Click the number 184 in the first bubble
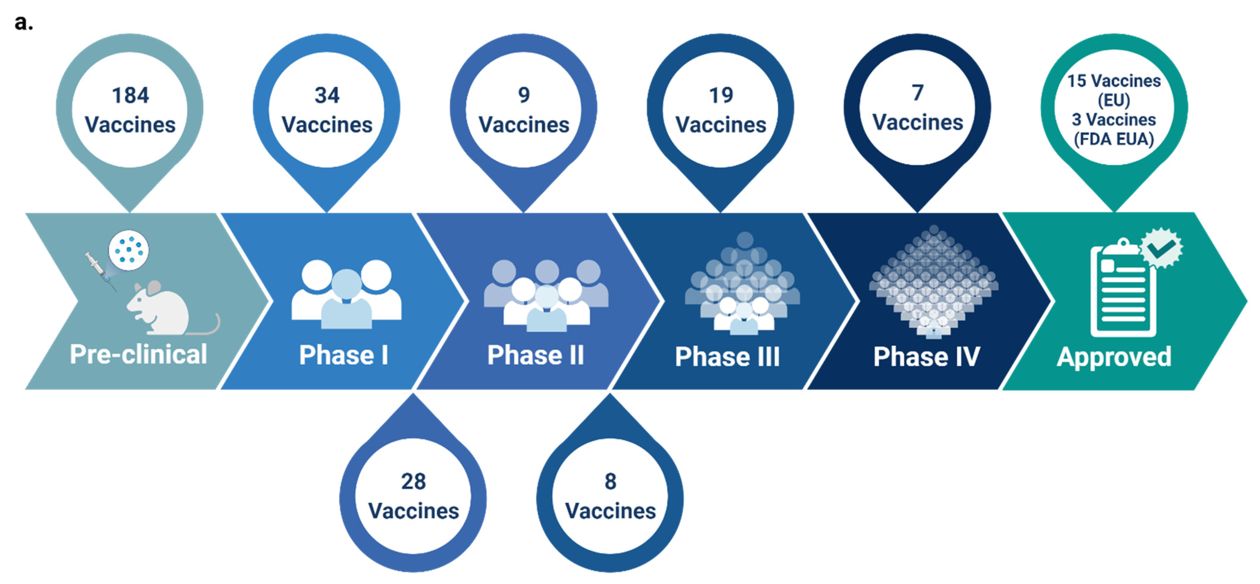pos(130,95)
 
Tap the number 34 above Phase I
pos(327,95)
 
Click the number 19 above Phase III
pos(721,95)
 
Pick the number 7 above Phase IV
pos(918,93)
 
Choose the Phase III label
pos(727,356)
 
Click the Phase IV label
pos(927,356)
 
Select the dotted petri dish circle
pos(129,250)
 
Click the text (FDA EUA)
pos(1114,139)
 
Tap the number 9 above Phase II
pos(524,95)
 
